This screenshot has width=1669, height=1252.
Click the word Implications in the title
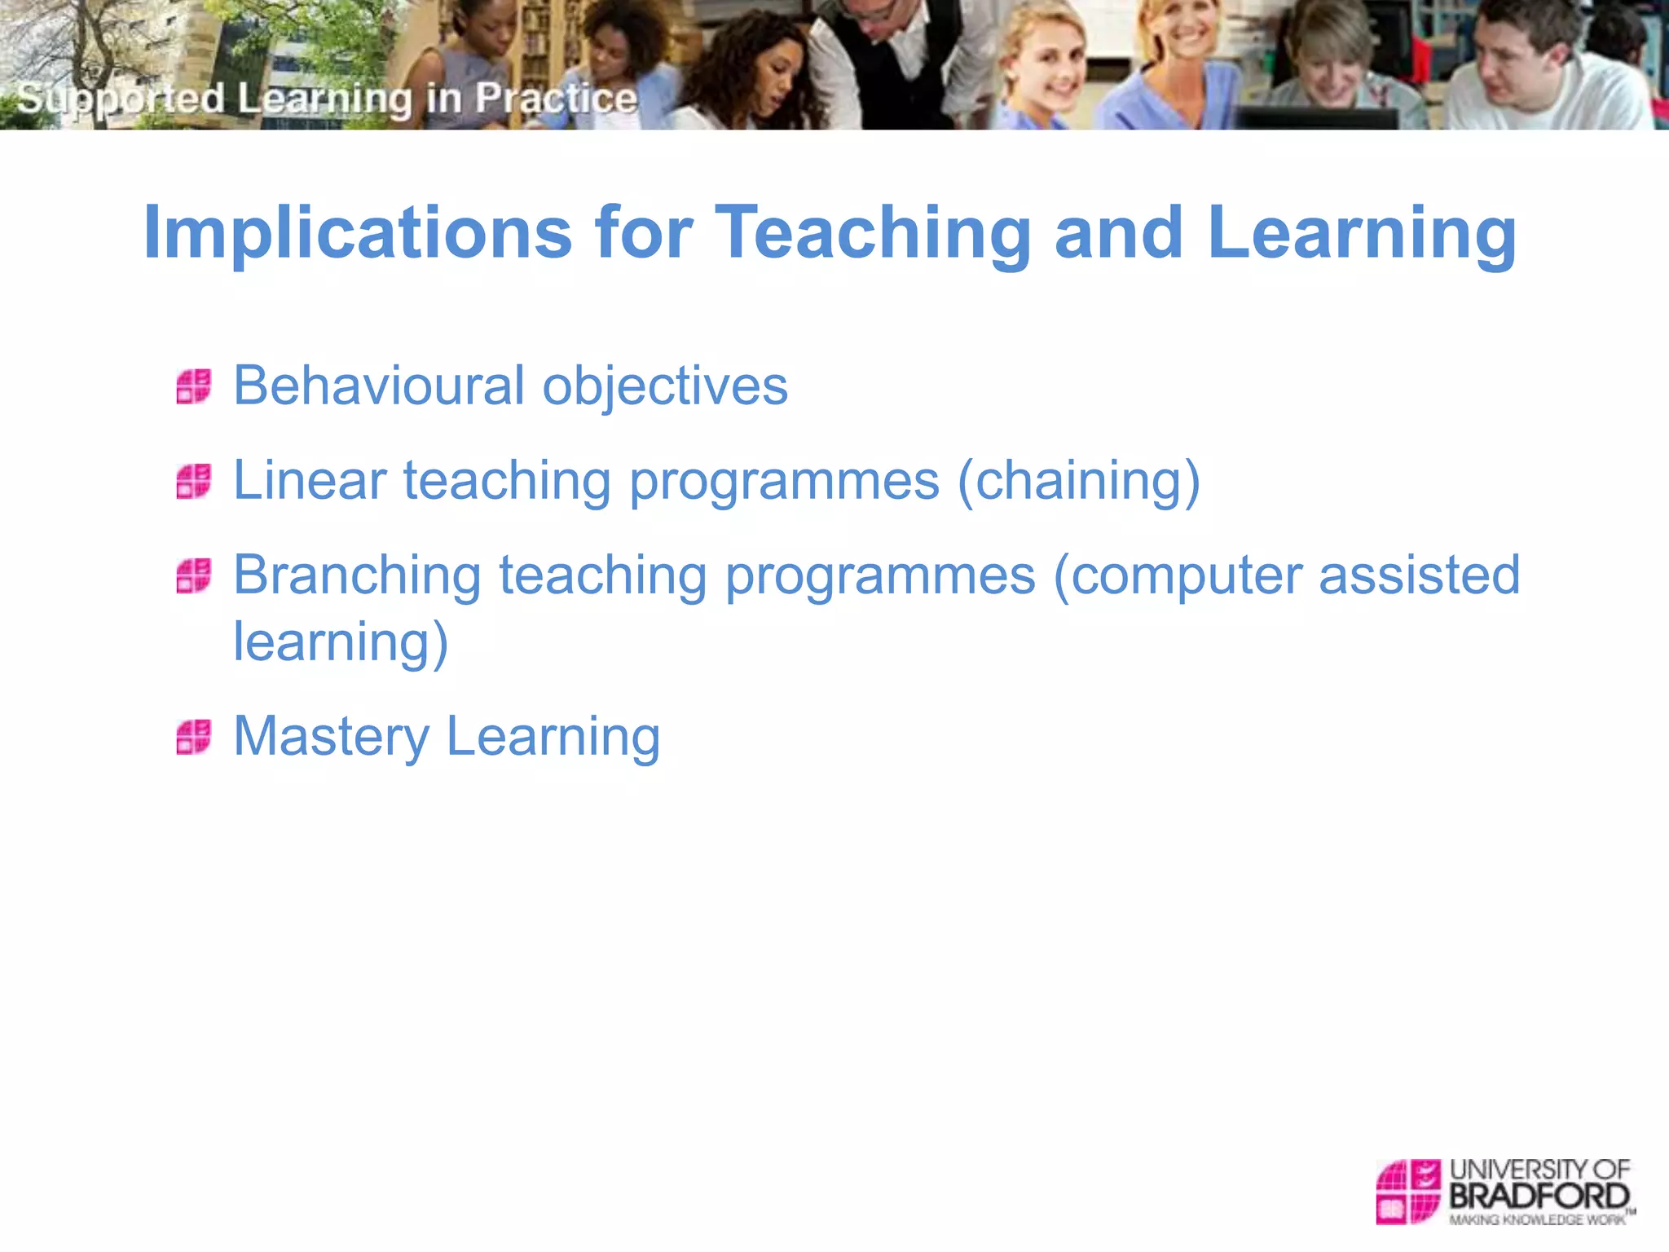point(357,234)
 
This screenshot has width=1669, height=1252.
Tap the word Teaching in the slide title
point(873,234)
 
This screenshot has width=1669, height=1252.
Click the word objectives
point(665,386)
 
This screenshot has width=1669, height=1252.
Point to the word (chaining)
point(1078,481)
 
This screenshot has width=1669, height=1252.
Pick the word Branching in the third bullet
point(357,575)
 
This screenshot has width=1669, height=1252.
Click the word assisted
point(1420,575)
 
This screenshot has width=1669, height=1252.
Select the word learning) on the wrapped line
point(341,642)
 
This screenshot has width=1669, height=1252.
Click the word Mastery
point(330,736)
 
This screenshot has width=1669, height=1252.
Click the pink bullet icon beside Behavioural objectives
point(194,386)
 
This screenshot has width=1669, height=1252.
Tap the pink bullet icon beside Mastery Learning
point(194,737)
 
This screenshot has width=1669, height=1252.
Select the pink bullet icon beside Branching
point(194,575)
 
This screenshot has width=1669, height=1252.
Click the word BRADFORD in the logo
point(1539,1197)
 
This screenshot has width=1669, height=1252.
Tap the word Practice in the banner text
point(556,98)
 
